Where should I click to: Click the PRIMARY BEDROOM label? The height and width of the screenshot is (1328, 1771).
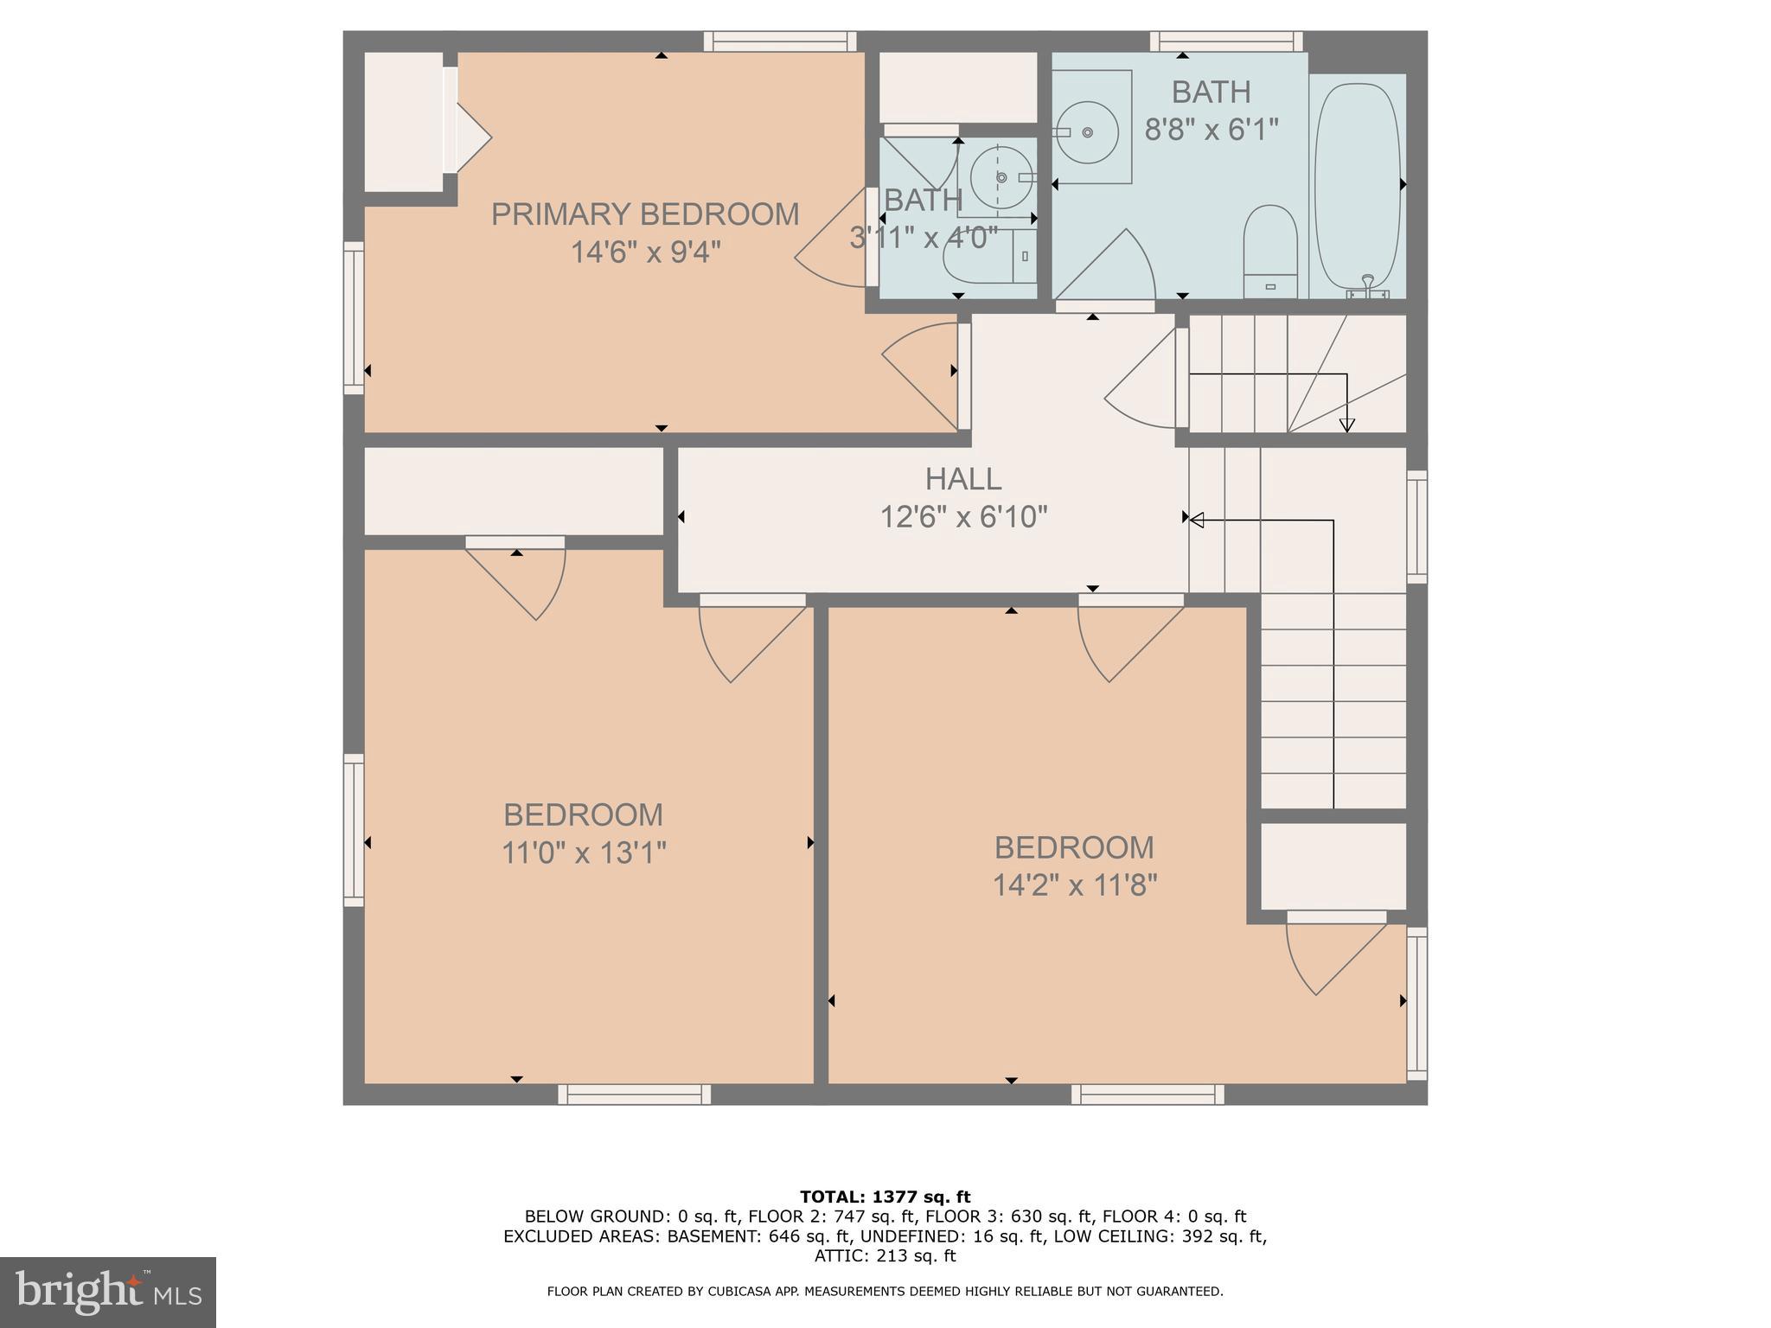coord(645,214)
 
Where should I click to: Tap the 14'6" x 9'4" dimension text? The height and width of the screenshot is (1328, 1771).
coord(645,252)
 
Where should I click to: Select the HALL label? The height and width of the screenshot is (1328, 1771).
coord(963,478)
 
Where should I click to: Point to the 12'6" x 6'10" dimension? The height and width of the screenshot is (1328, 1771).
coord(963,517)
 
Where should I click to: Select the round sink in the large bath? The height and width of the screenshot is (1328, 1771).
coord(1087,132)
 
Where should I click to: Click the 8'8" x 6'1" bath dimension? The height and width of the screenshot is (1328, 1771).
coord(1211,130)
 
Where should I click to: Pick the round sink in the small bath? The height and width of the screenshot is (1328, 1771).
coord(1001,177)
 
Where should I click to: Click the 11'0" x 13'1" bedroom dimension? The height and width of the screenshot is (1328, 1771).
coord(584,853)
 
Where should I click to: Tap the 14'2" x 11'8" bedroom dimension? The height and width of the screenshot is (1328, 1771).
coord(1074,885)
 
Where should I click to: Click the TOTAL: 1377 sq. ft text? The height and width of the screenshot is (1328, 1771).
coord(885,1197)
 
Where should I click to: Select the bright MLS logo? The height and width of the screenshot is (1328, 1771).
coord(108,1292)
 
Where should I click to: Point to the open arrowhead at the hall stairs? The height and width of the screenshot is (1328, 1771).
coord(1197,520)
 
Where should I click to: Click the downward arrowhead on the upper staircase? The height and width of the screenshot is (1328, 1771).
coord(1346,425)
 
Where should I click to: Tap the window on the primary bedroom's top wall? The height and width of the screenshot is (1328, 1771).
coord(780,41)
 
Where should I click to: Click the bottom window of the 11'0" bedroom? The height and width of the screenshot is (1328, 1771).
coord(634,1095)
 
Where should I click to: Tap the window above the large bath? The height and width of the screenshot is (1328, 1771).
coord(1226,41)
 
